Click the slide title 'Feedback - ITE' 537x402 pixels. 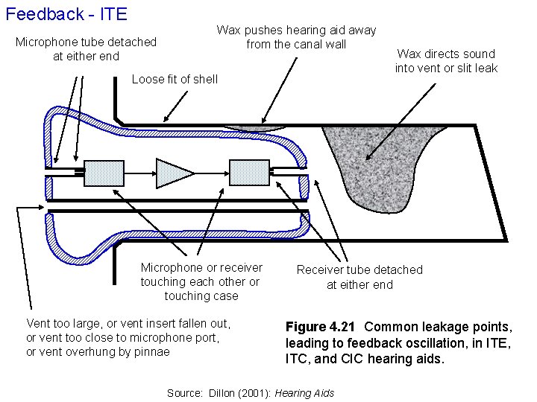click(x=66, y=13)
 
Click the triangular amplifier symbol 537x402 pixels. click(x=174, y=172)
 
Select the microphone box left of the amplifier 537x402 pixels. click(x=104, y=172)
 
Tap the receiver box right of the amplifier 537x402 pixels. click(x=248, y=172)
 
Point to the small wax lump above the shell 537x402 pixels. click(x=257, y=128)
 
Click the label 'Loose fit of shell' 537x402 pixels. click(x=175, y=80)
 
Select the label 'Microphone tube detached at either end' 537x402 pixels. click(x=86, y=49)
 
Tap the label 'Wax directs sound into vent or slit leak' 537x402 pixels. click(x=446, y=61)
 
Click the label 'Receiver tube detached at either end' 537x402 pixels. click(x=359, y=277)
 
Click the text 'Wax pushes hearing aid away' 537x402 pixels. click(x=296, y=31)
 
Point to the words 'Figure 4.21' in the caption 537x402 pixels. click(x=321, y=328)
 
